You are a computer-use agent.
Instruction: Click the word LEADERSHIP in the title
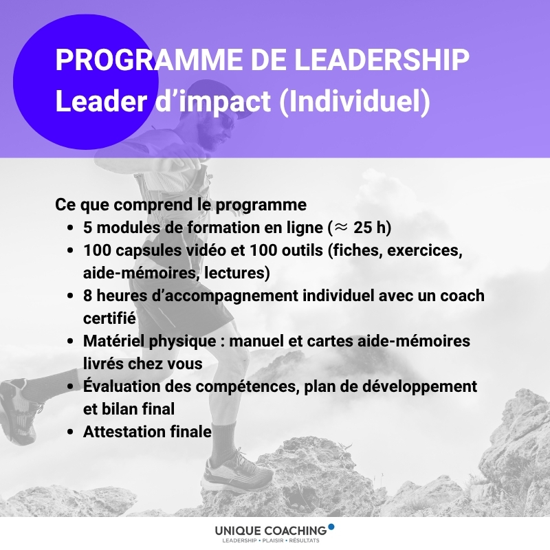382,60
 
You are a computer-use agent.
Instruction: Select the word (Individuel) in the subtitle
355,102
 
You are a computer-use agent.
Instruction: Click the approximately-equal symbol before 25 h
340,228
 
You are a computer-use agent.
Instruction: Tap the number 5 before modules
87,228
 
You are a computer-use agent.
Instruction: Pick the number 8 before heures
87,296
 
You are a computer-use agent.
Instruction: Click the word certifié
109,318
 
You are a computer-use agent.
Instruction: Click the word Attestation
124,432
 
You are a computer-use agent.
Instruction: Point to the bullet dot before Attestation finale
71,432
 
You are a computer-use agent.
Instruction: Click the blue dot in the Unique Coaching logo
331,527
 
